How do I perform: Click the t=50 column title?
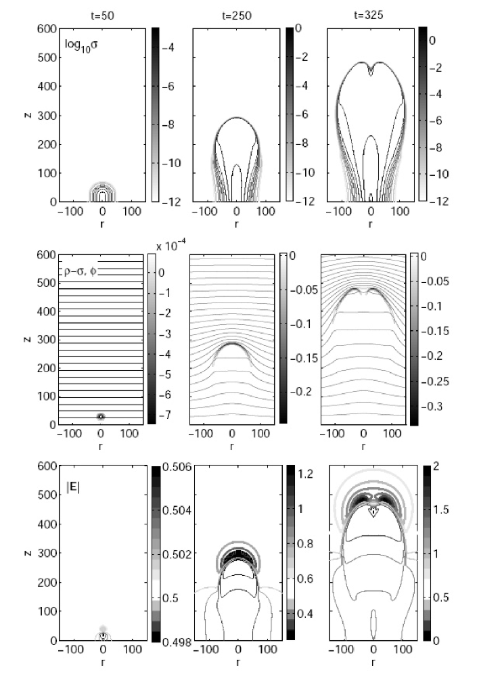pyautogui.click(x=102, y=16)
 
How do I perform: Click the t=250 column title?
pyautogui.click(x=237, y=16)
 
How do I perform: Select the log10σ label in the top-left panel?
pyautogui.click(x=81, y=45)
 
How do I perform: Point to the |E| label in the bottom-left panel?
pyautogui.click(x=73, y=488)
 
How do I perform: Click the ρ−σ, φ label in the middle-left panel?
pyautogui.click(x=77, y=273)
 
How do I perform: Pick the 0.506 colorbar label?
pyautogui.click(x=177, y=468)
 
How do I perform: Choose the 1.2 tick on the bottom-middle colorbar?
pyautogui.click(x=306, y=474)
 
